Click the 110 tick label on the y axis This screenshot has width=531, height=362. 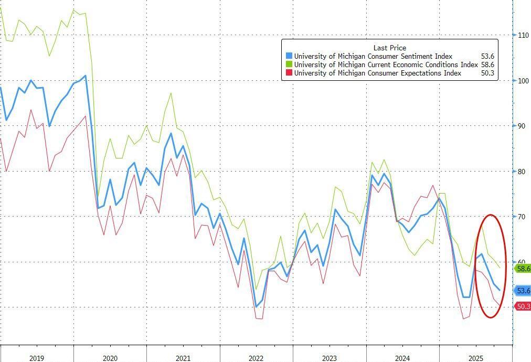coord(523,35)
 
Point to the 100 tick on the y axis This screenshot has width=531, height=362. coord(523,80)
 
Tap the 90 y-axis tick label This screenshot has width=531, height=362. coord(522,125)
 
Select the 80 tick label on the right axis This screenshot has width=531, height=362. coord(522,171)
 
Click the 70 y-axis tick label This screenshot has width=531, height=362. coord(522,216)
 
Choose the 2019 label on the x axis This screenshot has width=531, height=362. coord(37,358)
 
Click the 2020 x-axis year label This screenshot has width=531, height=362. coord(110,358)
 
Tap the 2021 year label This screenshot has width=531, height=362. coord(183,358)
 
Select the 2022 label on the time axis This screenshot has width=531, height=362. coord(256,358)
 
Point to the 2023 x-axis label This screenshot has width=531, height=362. coord(330,358)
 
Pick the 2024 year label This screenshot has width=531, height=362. coord(402,358)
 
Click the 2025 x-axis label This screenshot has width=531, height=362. coord(475,358)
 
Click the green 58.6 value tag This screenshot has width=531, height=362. coord(523,269)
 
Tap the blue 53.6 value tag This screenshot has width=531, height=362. coord(523,290)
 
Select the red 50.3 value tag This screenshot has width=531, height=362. coord(523,306)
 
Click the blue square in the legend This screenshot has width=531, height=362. coord(289,56)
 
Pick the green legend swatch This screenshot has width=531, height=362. coord(289,65)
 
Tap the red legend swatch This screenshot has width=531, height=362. coord(289,73)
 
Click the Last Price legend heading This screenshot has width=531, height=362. coord(390,48)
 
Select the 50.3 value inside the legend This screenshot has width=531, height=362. coord(487,73)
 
